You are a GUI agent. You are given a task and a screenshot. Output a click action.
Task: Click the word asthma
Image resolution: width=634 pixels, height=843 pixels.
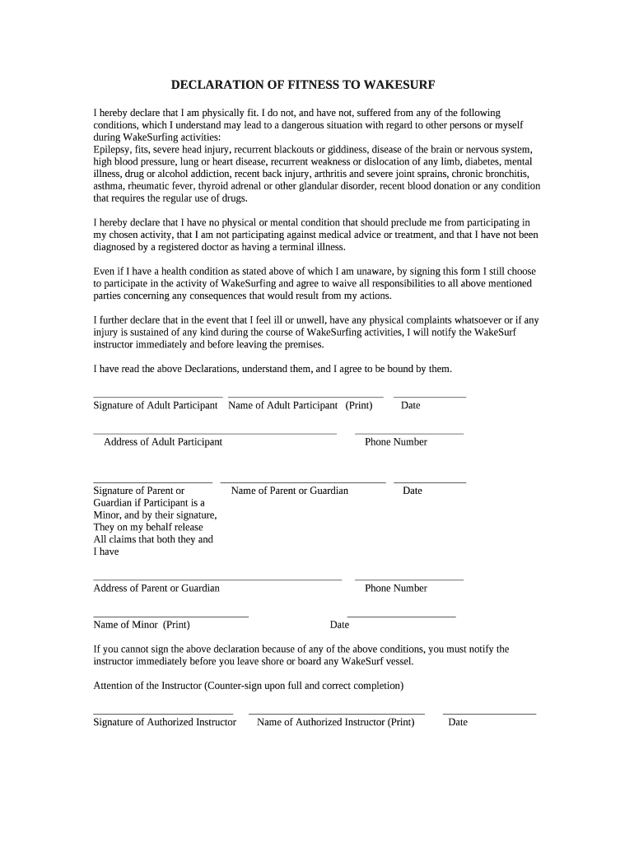[x=110, y=186]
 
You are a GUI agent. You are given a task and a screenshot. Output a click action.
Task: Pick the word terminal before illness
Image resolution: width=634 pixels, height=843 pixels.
[x=285, y=247]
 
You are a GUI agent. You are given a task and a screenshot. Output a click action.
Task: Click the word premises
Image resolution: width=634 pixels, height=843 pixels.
[x=305, y=345]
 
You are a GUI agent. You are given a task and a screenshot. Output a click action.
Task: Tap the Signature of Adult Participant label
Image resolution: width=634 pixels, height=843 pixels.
[x=155, y=405]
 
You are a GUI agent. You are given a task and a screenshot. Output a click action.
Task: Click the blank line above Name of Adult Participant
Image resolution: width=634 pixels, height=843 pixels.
[x=305, y=397]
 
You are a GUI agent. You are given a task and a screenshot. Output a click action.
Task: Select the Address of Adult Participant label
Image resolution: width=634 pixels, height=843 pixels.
[x=162, y=442]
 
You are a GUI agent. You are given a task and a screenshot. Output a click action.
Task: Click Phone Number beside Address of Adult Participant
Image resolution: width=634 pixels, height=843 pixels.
[x=396, y=442]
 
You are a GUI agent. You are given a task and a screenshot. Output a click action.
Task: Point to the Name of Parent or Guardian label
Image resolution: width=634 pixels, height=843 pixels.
[x=289, y=491]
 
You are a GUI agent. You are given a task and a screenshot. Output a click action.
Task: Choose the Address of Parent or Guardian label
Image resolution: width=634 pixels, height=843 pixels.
[x=156, y=588]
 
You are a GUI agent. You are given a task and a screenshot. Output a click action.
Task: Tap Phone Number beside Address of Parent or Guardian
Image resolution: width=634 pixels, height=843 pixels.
[x=396, y=588]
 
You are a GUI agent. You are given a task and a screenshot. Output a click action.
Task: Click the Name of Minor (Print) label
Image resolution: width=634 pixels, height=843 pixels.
[x=142, y=625]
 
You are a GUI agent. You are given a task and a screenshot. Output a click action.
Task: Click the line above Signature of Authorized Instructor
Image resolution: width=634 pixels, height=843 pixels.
[x=163, y=713]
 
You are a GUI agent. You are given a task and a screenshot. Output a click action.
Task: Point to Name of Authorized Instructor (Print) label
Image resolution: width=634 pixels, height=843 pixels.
[x=335, y=722]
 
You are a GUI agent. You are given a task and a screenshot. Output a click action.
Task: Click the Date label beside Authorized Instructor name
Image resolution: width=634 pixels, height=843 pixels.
[x=458, y=722]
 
